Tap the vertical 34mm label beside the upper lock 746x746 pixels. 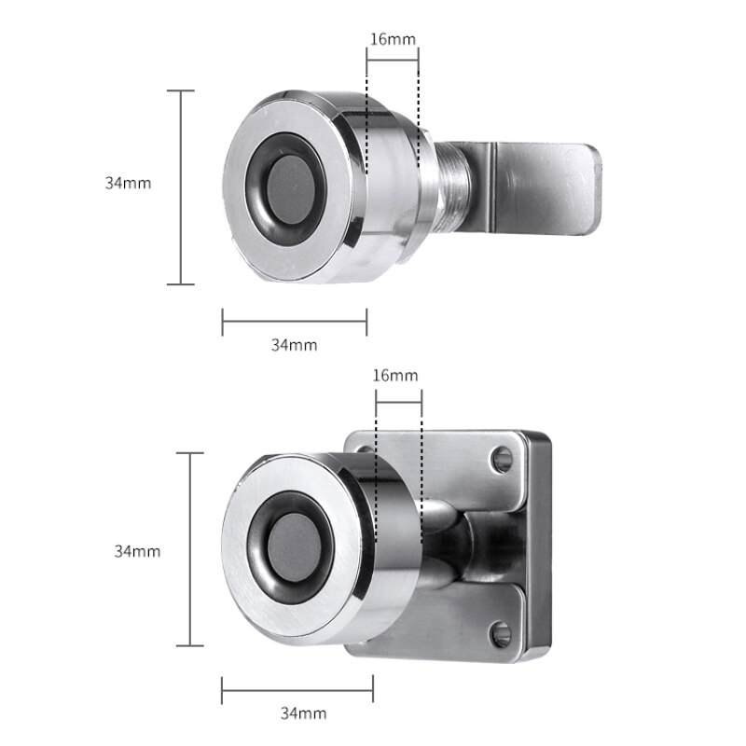pyautogui.click(x=128, y=184)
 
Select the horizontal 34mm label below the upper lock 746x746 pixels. pyautogui.click(x=294, y=345)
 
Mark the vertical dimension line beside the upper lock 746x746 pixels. pyautogui.click(x=180, y=186)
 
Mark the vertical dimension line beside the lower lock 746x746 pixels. pyautogui.click(x=190, y=550)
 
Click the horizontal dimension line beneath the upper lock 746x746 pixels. pyautogui.click(x=294, y=322)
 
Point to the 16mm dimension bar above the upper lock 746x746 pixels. pyautogui.click(x=392, y=62)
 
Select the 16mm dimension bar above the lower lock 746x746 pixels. pyautogui.click(x=398, y=398)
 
